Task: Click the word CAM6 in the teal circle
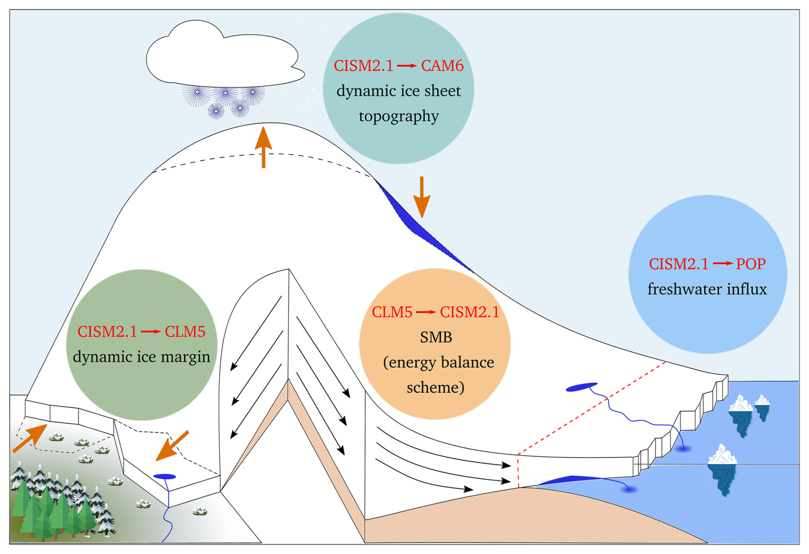coord(442,66)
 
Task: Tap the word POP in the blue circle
coord(750,264)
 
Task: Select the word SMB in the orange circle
coord(436,337)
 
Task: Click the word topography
coord(399,116)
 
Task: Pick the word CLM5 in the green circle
coord(185,332)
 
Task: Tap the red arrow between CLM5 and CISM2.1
coord(426,312)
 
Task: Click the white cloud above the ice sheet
coord(222,56)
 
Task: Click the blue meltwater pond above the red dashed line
coord(581,387)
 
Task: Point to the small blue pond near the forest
coord(165,477)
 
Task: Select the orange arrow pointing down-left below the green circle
coord(172,446)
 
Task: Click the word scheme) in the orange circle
coord(435,388)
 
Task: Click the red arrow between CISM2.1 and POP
coord(722,264)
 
